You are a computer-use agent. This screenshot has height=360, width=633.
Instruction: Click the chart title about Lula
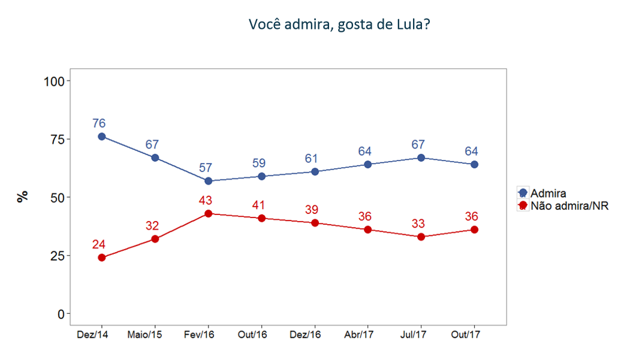coord(338,25)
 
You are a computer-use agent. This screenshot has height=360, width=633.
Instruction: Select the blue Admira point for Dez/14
coord(102,136)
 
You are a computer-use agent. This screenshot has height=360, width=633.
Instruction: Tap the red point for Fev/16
coord(208,213)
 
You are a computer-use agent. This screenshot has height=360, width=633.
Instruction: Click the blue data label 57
coord(208,168)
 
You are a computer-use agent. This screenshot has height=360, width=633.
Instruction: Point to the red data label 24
coord(99,244)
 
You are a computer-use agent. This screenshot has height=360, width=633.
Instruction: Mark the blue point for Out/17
coord(474,164)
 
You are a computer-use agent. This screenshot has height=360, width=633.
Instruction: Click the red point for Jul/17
coord(421,237)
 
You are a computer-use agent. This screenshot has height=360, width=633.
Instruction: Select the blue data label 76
coord(99,123)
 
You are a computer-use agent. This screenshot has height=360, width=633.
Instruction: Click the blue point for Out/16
coord(261,176)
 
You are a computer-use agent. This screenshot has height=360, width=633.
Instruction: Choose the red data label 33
coord(418,223)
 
